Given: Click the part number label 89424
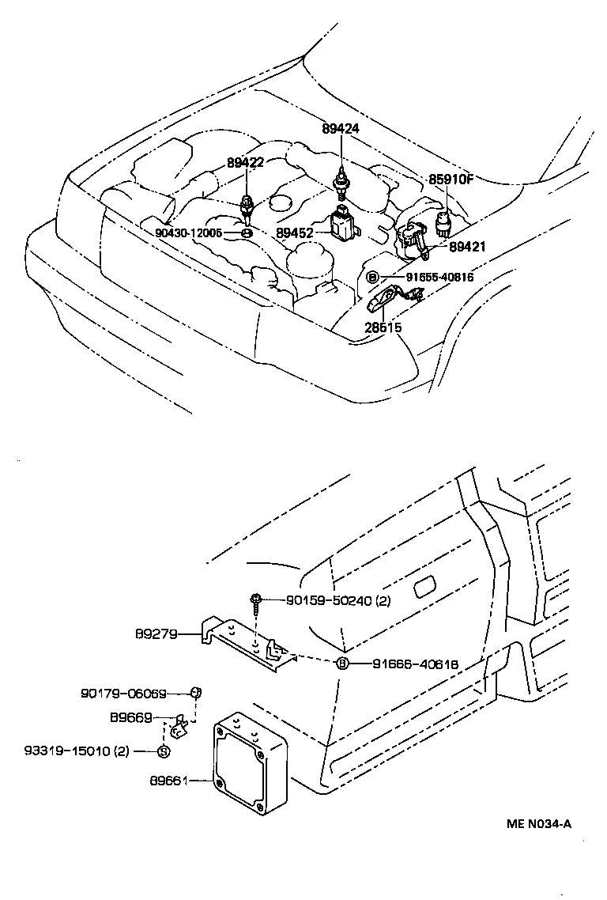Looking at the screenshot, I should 341,128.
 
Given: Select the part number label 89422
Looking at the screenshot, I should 246,163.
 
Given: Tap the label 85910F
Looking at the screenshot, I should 451,180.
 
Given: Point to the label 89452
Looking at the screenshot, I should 295,233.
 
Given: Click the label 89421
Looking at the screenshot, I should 467,247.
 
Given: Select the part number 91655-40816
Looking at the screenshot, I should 439,277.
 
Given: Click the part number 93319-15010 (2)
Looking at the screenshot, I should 77,751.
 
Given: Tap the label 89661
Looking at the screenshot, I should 168,781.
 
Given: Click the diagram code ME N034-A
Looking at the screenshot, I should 539,823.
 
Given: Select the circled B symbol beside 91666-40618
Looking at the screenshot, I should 342,664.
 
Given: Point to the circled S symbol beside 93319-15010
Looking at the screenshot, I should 162,751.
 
